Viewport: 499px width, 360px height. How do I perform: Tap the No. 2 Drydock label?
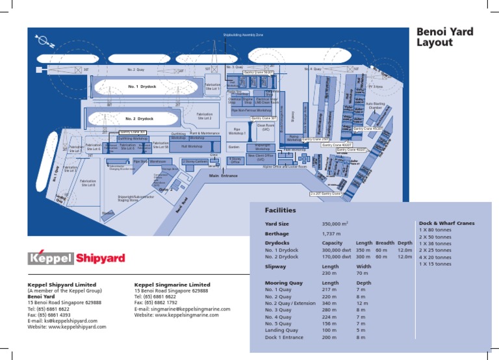[x=140, y=119]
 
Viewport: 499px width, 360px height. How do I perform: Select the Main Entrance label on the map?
[x=223, y=175]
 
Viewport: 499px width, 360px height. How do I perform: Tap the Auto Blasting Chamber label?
[x=376, y=105]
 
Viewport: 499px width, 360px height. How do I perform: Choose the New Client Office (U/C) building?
[x=261, y=158]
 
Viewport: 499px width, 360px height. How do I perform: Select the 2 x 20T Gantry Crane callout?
[x=326, y=194]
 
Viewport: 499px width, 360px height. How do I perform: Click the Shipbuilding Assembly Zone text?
[x=242, y=34]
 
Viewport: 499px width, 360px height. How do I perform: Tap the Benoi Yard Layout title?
[x=444, y=37]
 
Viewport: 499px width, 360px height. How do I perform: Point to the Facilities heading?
[x=280, y=211]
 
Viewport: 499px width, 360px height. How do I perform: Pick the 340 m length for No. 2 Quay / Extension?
[x=330, y=303]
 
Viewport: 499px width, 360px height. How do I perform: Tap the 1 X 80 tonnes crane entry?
[x=435, y=230]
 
